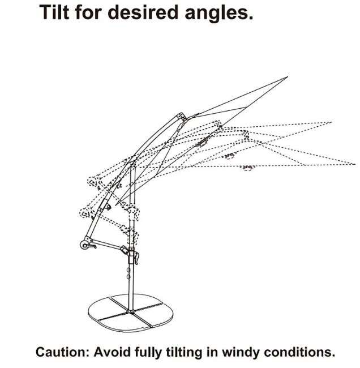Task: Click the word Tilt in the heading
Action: click(54, 12)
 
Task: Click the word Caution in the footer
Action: click(62, 352)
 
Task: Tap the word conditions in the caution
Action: click(299, 352)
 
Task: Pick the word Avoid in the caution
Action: click(112, 352)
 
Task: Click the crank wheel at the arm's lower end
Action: click(84, 245)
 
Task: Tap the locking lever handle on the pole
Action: click(136, 258)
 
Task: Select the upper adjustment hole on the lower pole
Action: click(128, 271)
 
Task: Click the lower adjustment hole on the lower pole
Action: click(128, 277)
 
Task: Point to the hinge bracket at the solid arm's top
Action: click(182, 117)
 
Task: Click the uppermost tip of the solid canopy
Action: click(288, 77)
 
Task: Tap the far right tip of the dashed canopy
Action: click(355, 164)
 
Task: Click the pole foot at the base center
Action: click(131, 311)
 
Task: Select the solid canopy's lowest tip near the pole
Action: click(115, 205)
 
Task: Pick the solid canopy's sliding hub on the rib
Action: click(202, 142)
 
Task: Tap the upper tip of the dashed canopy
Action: click(331, 122)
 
